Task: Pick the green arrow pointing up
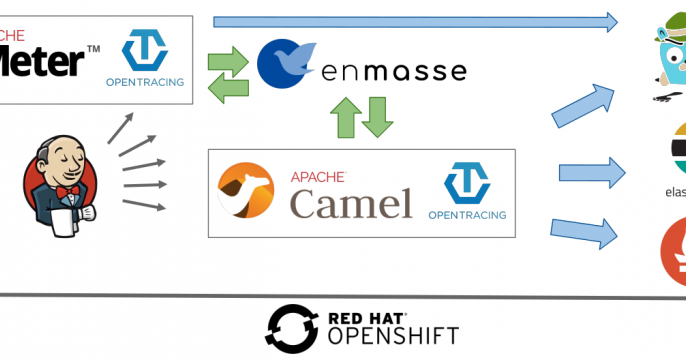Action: [x=343, y=118]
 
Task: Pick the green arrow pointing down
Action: [x=376, y=118]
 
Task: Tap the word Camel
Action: [x=351, y=203]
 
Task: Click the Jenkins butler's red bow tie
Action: [x=67, y=191]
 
